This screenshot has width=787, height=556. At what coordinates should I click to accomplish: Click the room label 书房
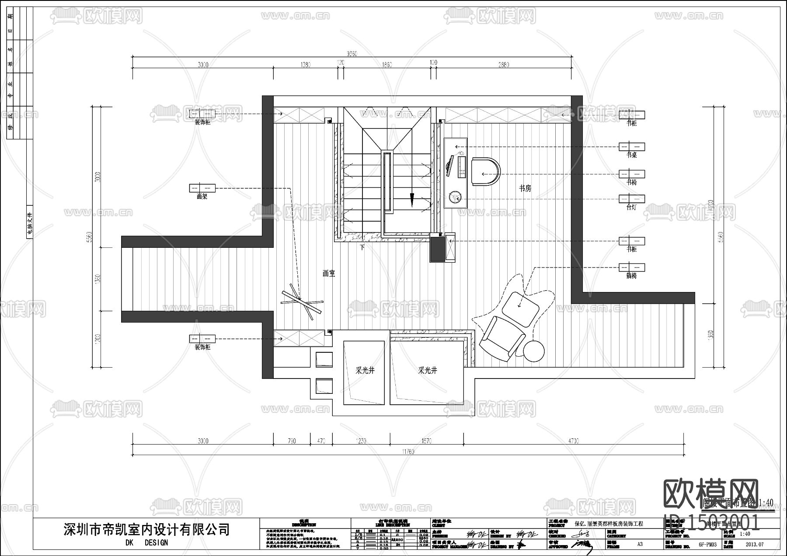coord(525,188)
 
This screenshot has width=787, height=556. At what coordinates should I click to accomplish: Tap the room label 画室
coord(329,274)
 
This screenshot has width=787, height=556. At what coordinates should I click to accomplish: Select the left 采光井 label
coord(365,370)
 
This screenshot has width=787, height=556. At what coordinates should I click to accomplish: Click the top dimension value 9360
coord(352,54)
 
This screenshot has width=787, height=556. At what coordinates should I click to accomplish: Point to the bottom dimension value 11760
coord(407,452)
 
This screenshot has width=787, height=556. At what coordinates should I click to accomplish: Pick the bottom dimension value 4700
coord(573,441)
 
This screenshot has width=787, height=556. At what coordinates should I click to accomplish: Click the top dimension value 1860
coord(387,65)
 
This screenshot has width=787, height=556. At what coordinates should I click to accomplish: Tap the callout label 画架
coord(202,197)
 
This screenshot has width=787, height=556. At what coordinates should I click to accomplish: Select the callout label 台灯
coord(631,208)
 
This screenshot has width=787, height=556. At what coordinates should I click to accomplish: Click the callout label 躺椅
coord(631,276)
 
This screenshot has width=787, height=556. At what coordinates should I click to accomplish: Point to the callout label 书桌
coord(631,155)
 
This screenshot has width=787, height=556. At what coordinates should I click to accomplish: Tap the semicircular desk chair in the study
coord(486,172)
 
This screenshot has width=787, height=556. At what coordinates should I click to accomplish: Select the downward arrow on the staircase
coord(411,199)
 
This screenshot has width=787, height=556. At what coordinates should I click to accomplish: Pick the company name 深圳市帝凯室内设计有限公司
coord(146,529)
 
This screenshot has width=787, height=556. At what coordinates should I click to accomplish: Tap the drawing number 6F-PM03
coord(707,545)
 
